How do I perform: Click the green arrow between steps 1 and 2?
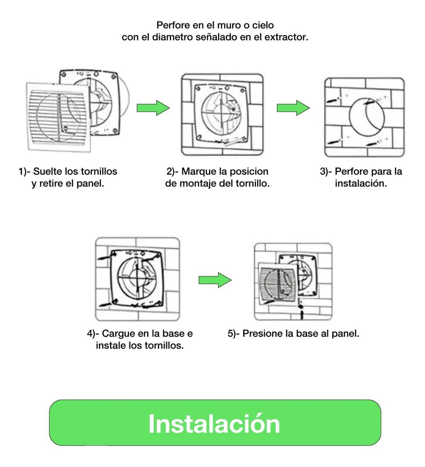(x=153, y=108)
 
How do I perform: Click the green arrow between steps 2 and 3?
(x=293, y=108)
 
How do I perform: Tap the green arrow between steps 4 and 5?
(x=215, y=280)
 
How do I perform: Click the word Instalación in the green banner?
(x=214, y=424)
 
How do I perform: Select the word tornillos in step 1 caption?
(x=99, y=172)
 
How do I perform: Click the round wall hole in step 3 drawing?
(x=367, y=117)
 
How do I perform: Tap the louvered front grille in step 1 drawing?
(x=58, y=117)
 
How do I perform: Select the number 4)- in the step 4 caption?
(x=93, y=334)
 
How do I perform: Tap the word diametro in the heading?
(x=172, y=37)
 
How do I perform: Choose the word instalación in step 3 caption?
(x=361, y=183)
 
